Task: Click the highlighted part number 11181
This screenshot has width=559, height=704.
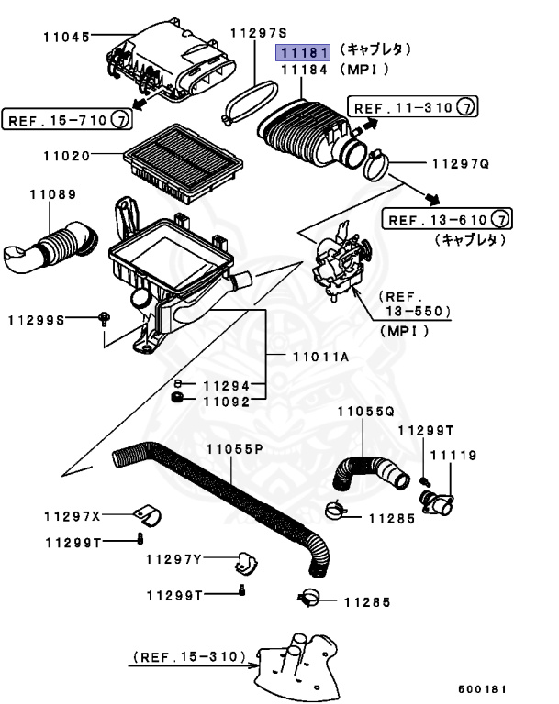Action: pos(304,52)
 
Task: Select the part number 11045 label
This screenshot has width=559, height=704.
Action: pos(66,38)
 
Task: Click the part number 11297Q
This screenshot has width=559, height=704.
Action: pos(461,165)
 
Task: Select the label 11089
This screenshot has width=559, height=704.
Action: pos(51,194)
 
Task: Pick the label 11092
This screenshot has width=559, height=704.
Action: pos(226,401)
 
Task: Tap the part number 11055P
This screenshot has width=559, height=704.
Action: pos(233,448)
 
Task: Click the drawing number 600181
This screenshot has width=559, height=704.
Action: pos(482,687)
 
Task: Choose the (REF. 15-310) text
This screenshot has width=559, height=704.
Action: pos(190,657)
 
